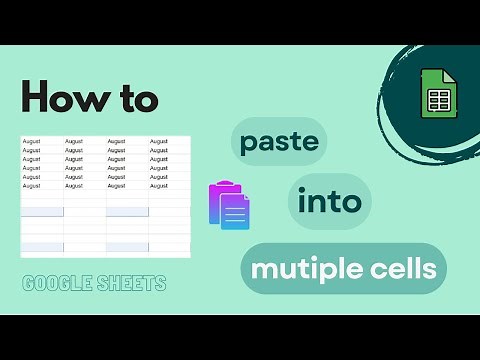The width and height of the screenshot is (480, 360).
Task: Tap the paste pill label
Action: click(x=281, y=142)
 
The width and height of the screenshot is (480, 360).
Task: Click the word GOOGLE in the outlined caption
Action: click(x=58, y=283)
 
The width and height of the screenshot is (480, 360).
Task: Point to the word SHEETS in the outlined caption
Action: click(x=131, y=283)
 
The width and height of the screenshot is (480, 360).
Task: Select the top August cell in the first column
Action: click(x=32, y=142)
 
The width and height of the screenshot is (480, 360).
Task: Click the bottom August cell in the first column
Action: click(x=32, y=186)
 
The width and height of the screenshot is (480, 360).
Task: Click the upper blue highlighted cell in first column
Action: click(x=42, y=212)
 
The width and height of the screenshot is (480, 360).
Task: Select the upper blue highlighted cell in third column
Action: click(x=127, y=212)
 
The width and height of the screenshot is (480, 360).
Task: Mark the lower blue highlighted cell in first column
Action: click(x=42, y=247)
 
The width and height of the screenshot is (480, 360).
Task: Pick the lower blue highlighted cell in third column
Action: click(x=127, y=247)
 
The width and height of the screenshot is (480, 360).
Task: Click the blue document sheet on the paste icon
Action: click(x=236, y=213)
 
